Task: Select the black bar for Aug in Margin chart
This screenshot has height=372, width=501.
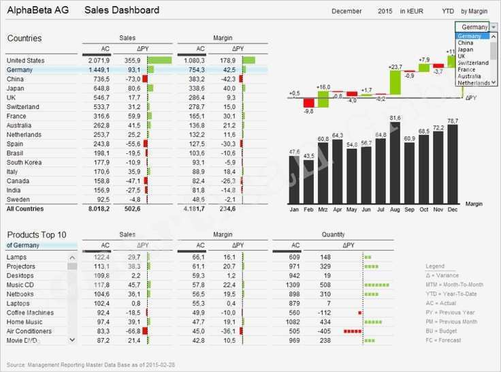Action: pos(395,164)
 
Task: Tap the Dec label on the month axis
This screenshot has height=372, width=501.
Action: pos(453,210)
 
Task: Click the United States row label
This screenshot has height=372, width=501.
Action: pos(25,61)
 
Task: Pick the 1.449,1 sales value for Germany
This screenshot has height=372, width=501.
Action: pos(99,69)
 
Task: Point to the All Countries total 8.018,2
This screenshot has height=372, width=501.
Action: pos(99,209)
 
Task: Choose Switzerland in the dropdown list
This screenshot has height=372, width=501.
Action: pos(473,63)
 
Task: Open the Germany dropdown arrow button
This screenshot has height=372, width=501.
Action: pos(494,27)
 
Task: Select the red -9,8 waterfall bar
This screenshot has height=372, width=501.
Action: pos(308,102)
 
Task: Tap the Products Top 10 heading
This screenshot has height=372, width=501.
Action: pos(37,234)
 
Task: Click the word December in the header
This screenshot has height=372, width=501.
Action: pos(346,12)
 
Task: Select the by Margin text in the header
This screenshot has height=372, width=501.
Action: pos(474,12)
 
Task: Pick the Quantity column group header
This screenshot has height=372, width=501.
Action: pos(333,234)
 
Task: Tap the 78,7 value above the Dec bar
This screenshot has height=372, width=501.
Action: pos(453,121)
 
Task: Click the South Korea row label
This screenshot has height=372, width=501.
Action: pos(24,163)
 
